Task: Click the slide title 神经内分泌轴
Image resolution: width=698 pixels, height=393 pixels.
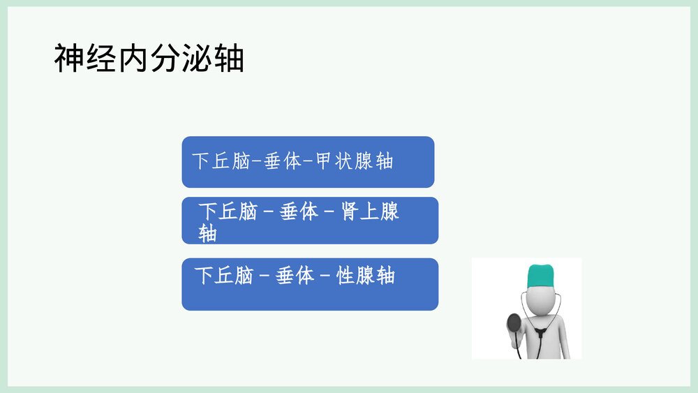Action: pos(149,59)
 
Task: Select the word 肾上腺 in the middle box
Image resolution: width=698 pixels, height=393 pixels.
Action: pos(370,212)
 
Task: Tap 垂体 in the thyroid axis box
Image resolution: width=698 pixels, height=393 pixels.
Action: pos(283,162)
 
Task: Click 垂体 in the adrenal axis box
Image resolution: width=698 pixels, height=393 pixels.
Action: pos(299,212)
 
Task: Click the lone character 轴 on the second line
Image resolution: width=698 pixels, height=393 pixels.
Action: pos(207,233)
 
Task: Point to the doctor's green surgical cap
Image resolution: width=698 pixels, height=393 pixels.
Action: pos(541,274)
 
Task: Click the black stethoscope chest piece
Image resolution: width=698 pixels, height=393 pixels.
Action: pos(514,322)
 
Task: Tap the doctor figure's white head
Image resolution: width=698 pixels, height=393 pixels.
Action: pos(541,295)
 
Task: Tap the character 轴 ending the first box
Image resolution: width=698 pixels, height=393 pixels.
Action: pos(385,162)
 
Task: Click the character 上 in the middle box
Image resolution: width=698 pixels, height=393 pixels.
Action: pos(370,212)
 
